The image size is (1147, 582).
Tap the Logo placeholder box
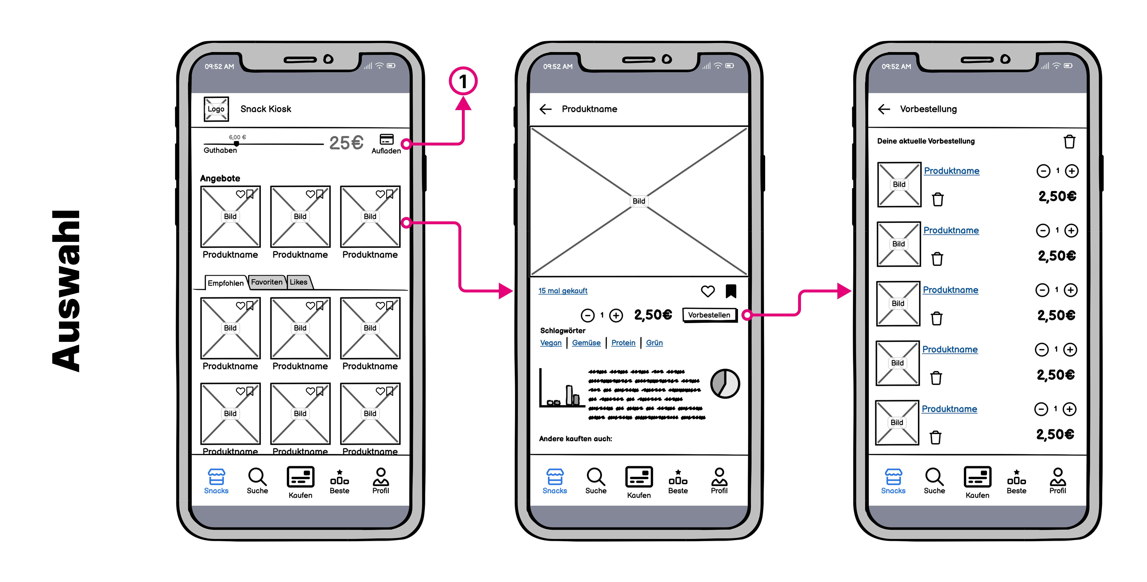pos(216,109)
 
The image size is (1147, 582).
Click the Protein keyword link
pos(623,343)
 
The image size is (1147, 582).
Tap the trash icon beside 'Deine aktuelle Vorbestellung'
pos(1069,142)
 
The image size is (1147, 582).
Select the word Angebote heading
pos(220,178)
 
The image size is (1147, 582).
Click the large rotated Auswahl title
pos(66,291)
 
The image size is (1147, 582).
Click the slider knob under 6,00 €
pos(236,143)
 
